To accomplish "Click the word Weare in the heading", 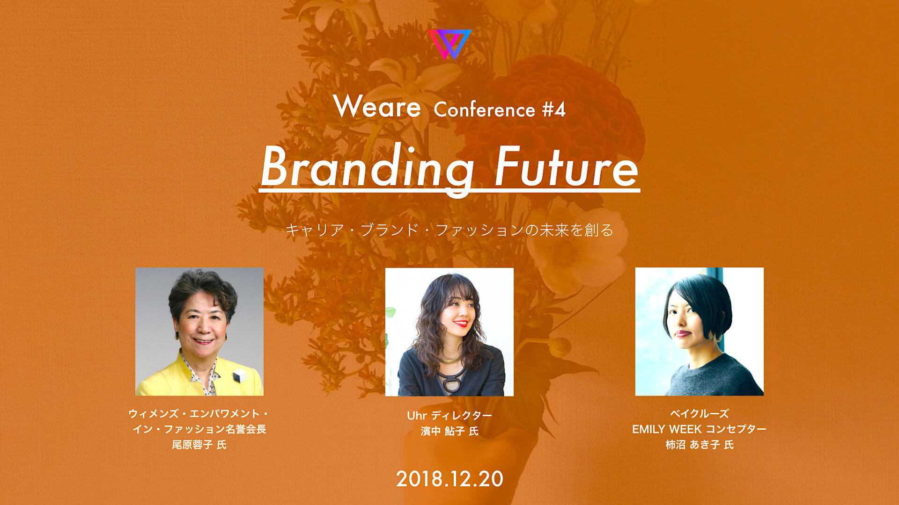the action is point(377,107).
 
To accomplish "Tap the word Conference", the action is point(484,110).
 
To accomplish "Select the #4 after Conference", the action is point(554,110).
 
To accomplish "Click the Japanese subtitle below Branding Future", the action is point(449,230).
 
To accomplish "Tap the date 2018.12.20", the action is point(449,479).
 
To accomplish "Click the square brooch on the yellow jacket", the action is point(240,375).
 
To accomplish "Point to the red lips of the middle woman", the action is point(461,323).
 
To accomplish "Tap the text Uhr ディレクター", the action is point(449,415).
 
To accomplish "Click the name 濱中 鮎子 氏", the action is point(449,431).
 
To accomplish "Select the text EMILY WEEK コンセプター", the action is point(699,429).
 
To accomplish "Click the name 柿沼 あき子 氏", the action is point(700,445).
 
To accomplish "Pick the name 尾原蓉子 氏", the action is point(199,445).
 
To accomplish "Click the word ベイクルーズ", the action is point(700,414).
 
